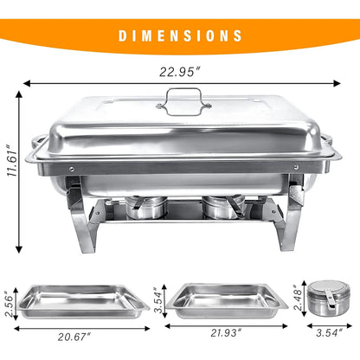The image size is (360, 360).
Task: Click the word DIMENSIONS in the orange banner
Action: (180, 35)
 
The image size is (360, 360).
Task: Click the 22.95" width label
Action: (180, 67)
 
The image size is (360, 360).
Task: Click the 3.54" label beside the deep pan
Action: (158, 300)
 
